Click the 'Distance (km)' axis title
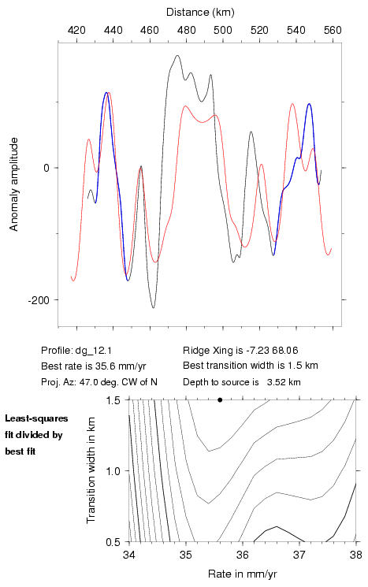click(200, 13)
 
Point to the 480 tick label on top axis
click(187, 30)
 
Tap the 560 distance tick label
click(333, 30)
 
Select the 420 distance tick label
click(76, 30)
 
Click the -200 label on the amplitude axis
click(39, 300)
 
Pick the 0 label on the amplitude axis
click(46, 168)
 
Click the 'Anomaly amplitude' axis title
click(14, 184)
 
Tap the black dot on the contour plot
click(220, 399)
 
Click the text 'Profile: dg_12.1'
click(76, 351)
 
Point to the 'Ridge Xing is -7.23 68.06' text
click(240, 351)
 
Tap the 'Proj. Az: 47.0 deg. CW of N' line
click(99, 382)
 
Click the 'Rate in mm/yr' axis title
click(242, 574)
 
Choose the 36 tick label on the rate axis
click(243, 555)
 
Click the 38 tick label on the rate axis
click(356, 555)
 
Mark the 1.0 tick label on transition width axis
click(113, 471)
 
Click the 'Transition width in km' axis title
click(91, 470)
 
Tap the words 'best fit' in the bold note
click(20, 451)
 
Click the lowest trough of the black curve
click(153, 308)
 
